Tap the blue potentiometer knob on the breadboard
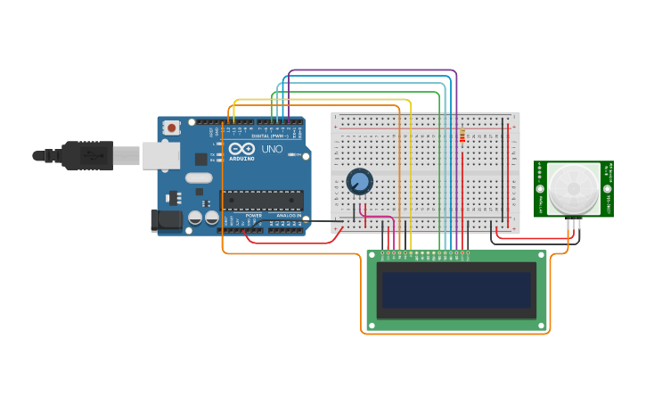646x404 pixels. [x=359, y=182]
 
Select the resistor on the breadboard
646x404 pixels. [x=462, y=136]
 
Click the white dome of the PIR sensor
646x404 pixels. [x=573, y=188]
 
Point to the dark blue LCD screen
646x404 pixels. [x=456, y=291]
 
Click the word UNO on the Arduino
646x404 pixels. [x=272, y=149]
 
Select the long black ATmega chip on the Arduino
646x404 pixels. [x=262, y=200]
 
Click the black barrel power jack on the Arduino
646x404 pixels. [x=166, y=220]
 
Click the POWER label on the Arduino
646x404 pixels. [x=254, y=216]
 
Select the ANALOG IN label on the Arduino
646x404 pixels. [x=288, y=216]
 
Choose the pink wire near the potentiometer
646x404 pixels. [x=378, y=217]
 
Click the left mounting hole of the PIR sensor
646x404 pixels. [x=539, y=188]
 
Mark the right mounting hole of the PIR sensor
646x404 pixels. [x=608, y=188]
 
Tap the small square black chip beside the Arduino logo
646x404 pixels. [x=201, y=159]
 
